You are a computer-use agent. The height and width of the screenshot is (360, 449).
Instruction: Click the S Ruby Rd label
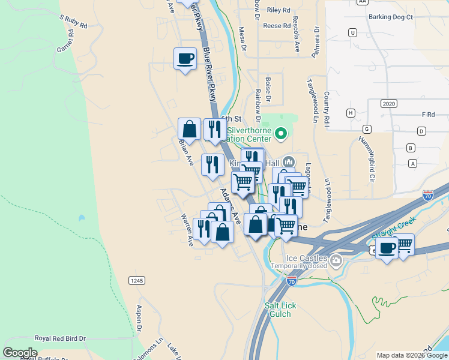tap(73, 22)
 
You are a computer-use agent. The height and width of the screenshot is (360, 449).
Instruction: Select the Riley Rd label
tap(279, 10)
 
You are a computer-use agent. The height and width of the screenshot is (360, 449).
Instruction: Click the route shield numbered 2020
tap(388, 104)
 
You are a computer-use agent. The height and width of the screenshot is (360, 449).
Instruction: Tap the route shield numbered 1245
tap(136, 280)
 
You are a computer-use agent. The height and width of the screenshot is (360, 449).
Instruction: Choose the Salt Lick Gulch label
tap(278, 310)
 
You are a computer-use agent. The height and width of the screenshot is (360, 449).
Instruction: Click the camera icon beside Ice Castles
tap(336, 260)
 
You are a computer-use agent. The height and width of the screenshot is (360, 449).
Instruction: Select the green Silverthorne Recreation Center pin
tap(281, 133)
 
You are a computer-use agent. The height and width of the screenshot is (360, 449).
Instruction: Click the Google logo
tap(20, 353)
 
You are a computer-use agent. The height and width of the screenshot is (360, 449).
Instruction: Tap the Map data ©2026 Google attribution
tap(412, 355)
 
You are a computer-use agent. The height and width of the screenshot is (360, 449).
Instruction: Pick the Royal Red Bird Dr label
tap(60, 339)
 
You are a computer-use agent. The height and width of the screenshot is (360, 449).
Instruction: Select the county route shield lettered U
tap(352, 33)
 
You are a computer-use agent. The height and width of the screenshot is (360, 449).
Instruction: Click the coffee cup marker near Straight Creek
tap(387, 247)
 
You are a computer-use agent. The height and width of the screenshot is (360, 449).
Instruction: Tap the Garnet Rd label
tap(65, 41)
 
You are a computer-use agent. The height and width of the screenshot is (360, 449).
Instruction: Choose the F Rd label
tap(428, 114)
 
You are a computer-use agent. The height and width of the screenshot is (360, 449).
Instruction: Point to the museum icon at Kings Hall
tap(289, 162)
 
